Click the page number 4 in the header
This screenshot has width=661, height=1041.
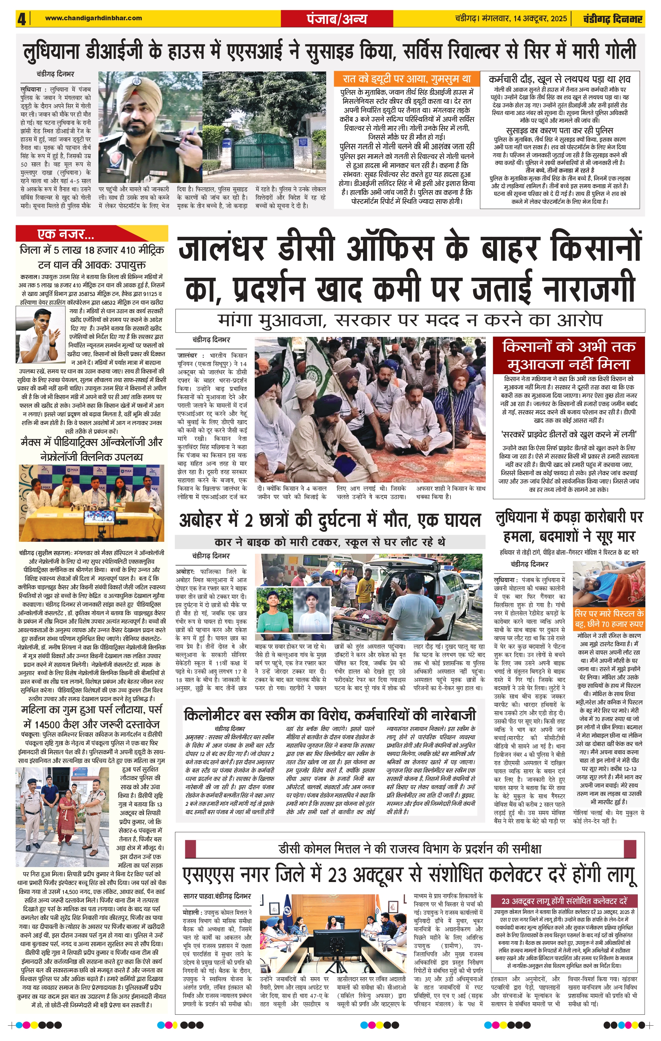click(22, 19)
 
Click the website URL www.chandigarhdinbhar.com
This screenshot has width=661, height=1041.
click(93, 18)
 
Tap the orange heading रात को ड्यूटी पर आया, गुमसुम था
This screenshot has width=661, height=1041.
click(406, 79)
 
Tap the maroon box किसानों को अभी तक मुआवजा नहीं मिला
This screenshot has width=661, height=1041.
click(569, 355)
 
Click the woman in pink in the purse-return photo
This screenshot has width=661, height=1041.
click(67, 816)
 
